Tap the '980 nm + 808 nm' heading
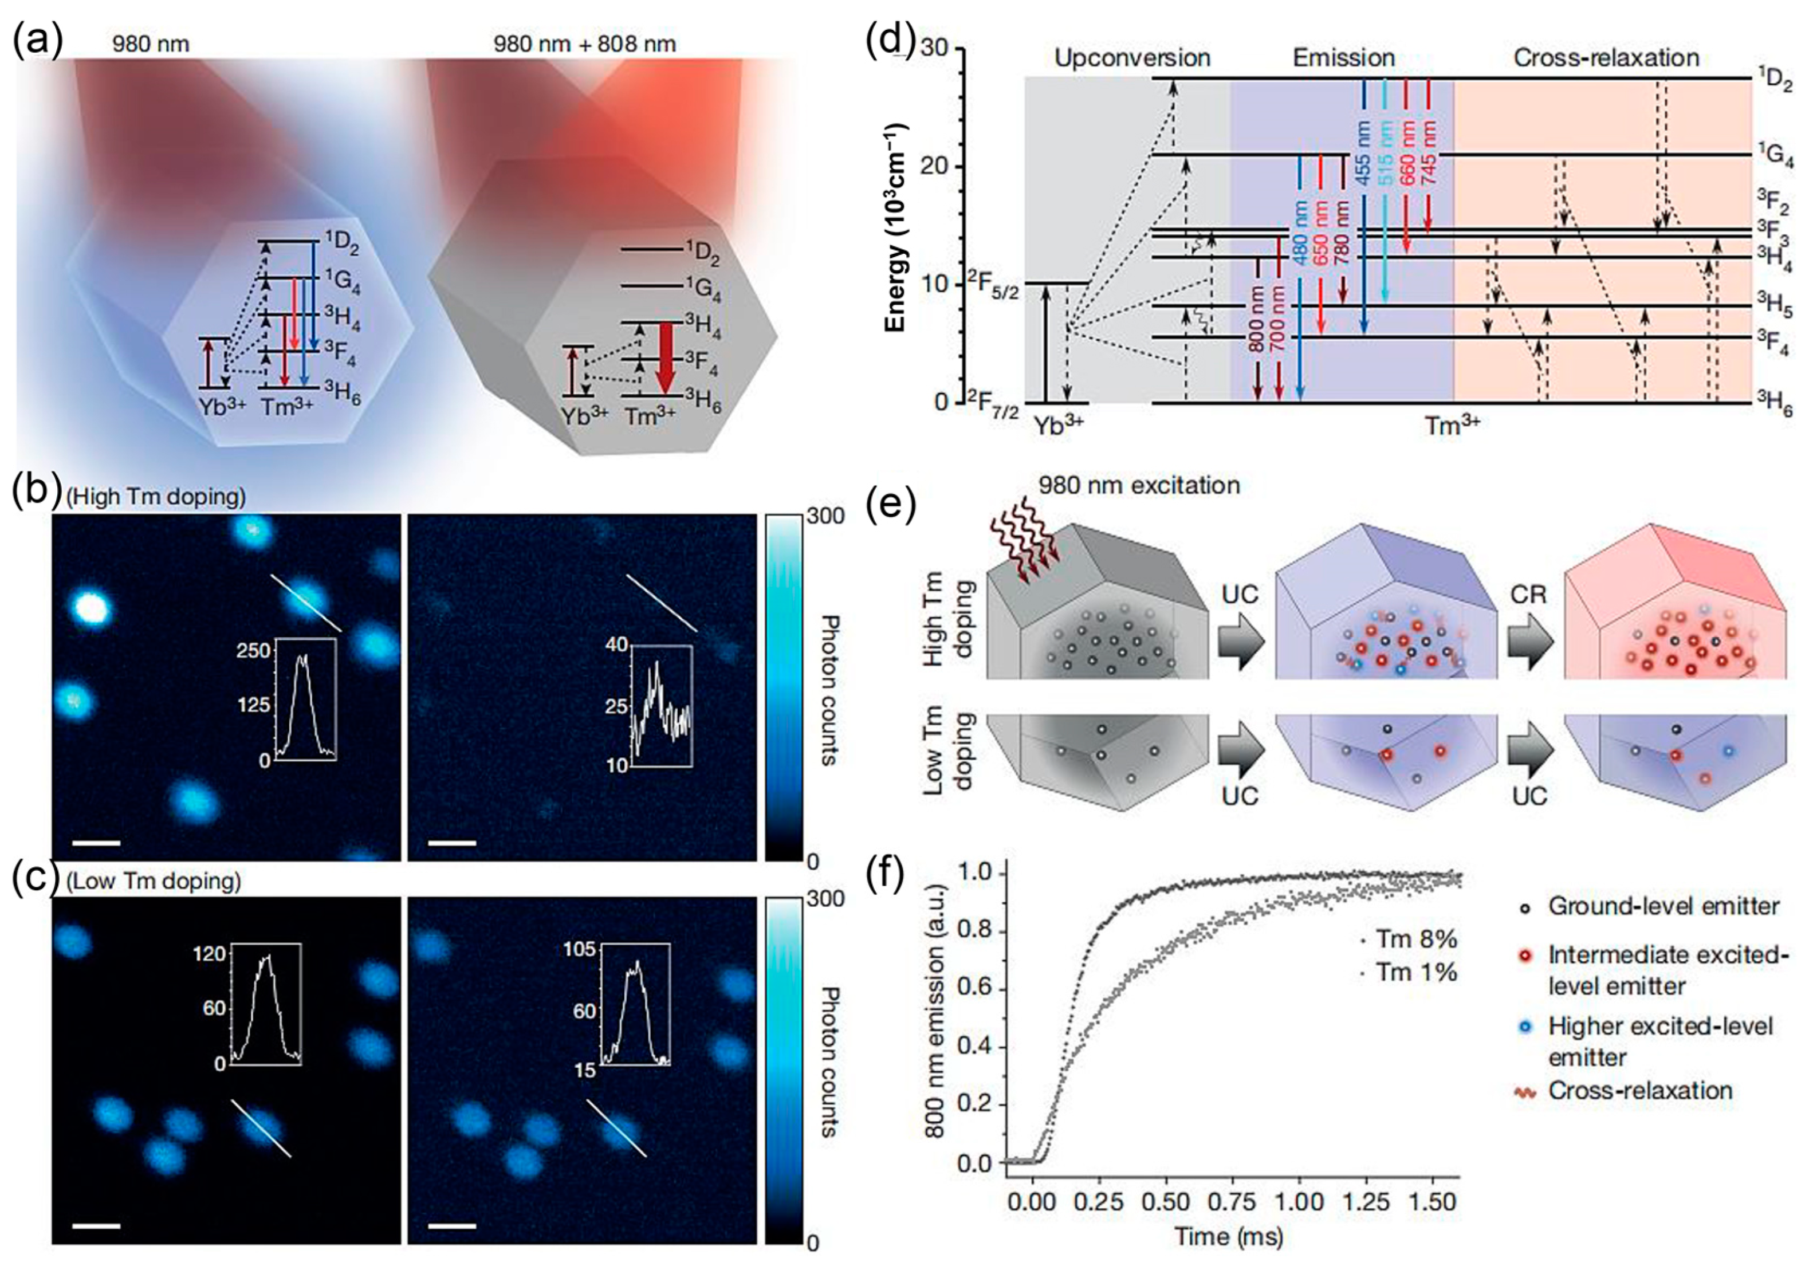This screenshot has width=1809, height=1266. point(585,44)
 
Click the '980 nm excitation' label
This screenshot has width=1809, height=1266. point(1139,485)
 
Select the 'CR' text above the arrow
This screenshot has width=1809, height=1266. point(1528,594)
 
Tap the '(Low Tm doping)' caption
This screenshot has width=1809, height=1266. point(153,881)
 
